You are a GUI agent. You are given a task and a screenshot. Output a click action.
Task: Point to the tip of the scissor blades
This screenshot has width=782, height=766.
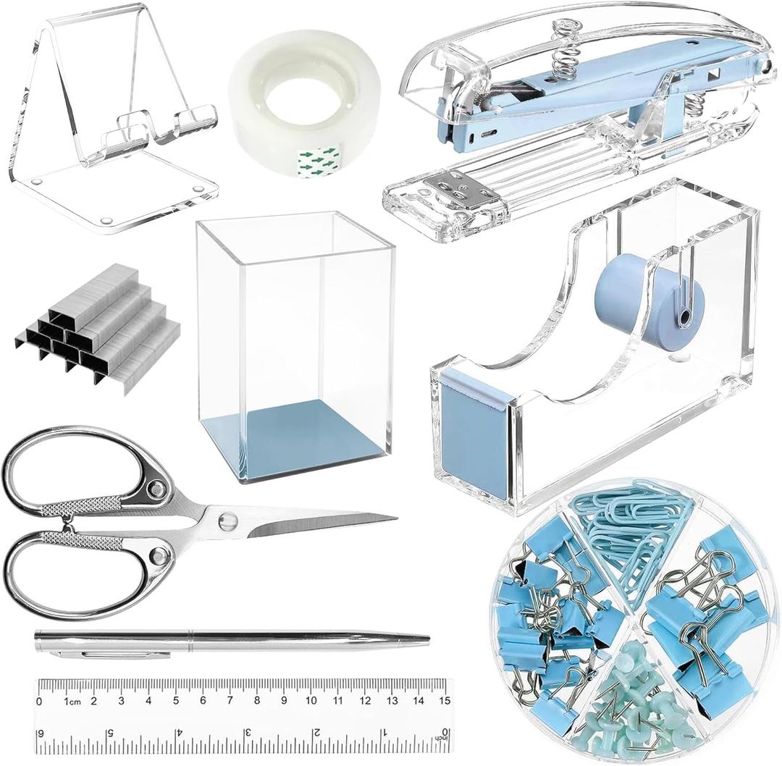click(x=395, y=518)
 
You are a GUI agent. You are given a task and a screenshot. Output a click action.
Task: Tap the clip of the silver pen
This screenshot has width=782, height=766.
click(x=116, y=653)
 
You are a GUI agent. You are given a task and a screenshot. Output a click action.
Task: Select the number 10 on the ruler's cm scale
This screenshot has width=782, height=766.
click(x=311, y=700)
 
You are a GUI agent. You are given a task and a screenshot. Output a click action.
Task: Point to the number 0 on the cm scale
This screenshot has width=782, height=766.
click(x=39, y=701)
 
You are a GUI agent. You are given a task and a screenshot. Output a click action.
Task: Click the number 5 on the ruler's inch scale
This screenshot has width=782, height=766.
click(x=110, y=733)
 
